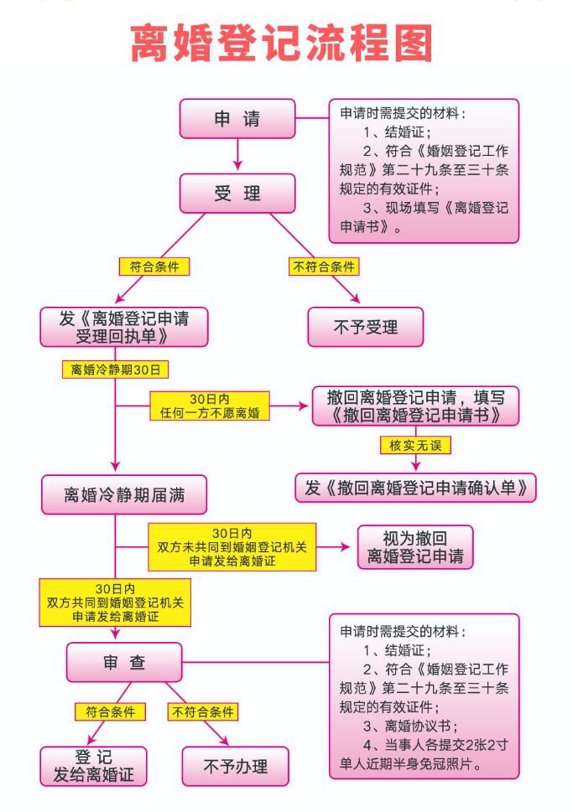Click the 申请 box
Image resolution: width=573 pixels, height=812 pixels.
(237, 119)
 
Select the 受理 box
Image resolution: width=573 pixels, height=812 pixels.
(237, 194)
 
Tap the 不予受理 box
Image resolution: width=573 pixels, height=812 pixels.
(365, 327)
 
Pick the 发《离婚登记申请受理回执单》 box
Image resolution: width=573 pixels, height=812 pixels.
(123, 327)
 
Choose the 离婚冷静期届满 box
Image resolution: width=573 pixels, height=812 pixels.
(124, 494)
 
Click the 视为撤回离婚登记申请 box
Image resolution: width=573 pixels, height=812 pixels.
(414, 546)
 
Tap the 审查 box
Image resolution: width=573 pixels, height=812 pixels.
(124, 662)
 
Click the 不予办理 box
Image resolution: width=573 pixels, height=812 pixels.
(235, 765)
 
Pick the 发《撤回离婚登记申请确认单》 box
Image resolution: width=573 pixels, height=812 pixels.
(414, 488)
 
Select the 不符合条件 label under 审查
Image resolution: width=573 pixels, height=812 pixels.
(203, 712)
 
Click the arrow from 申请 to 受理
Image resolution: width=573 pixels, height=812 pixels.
(237, 156)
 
